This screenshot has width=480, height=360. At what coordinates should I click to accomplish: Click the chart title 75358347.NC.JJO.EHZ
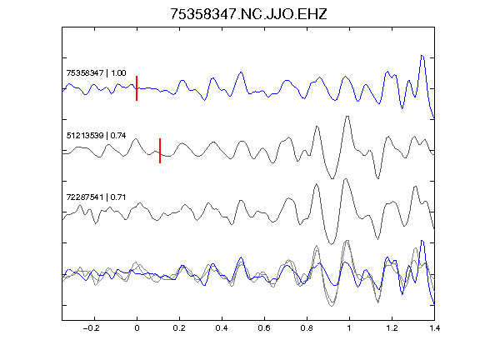coord(248,14)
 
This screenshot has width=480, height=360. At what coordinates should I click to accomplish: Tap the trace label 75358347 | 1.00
coord(96,72)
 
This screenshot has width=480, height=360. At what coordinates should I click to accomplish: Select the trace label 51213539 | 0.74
coord(96,135)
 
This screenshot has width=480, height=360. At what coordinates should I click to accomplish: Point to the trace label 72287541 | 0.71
coord(96,197)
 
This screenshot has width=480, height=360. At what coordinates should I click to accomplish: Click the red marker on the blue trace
coord(137,88)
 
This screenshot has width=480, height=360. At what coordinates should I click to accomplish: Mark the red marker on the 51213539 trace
coord(160,151)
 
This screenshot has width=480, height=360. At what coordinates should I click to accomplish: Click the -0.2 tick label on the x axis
coord(91,328)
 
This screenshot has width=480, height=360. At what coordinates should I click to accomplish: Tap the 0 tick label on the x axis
coord(137,328)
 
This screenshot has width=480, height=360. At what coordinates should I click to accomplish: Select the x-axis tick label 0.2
coord(179,328)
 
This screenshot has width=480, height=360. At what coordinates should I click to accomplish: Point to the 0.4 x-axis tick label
coord(222,328)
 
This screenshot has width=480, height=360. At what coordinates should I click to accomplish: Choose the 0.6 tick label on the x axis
coord(264,328)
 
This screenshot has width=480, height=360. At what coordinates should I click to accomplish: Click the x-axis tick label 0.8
coord(307,328)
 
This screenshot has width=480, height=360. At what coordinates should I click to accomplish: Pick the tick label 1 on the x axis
coord(349,328)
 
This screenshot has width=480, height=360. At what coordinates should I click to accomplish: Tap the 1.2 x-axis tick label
coord(392,328)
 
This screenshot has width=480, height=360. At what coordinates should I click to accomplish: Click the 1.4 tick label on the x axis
coord(434,328)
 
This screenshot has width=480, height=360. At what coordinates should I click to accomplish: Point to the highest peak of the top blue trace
coord(422,55)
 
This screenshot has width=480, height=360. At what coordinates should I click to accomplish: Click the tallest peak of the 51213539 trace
coord(347,117)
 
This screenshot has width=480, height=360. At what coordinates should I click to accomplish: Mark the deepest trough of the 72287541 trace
coord(331,244)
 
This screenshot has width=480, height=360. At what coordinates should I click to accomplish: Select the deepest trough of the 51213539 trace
coord(332,178)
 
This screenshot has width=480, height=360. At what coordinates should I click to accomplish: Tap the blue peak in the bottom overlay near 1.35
coord(422,241)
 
